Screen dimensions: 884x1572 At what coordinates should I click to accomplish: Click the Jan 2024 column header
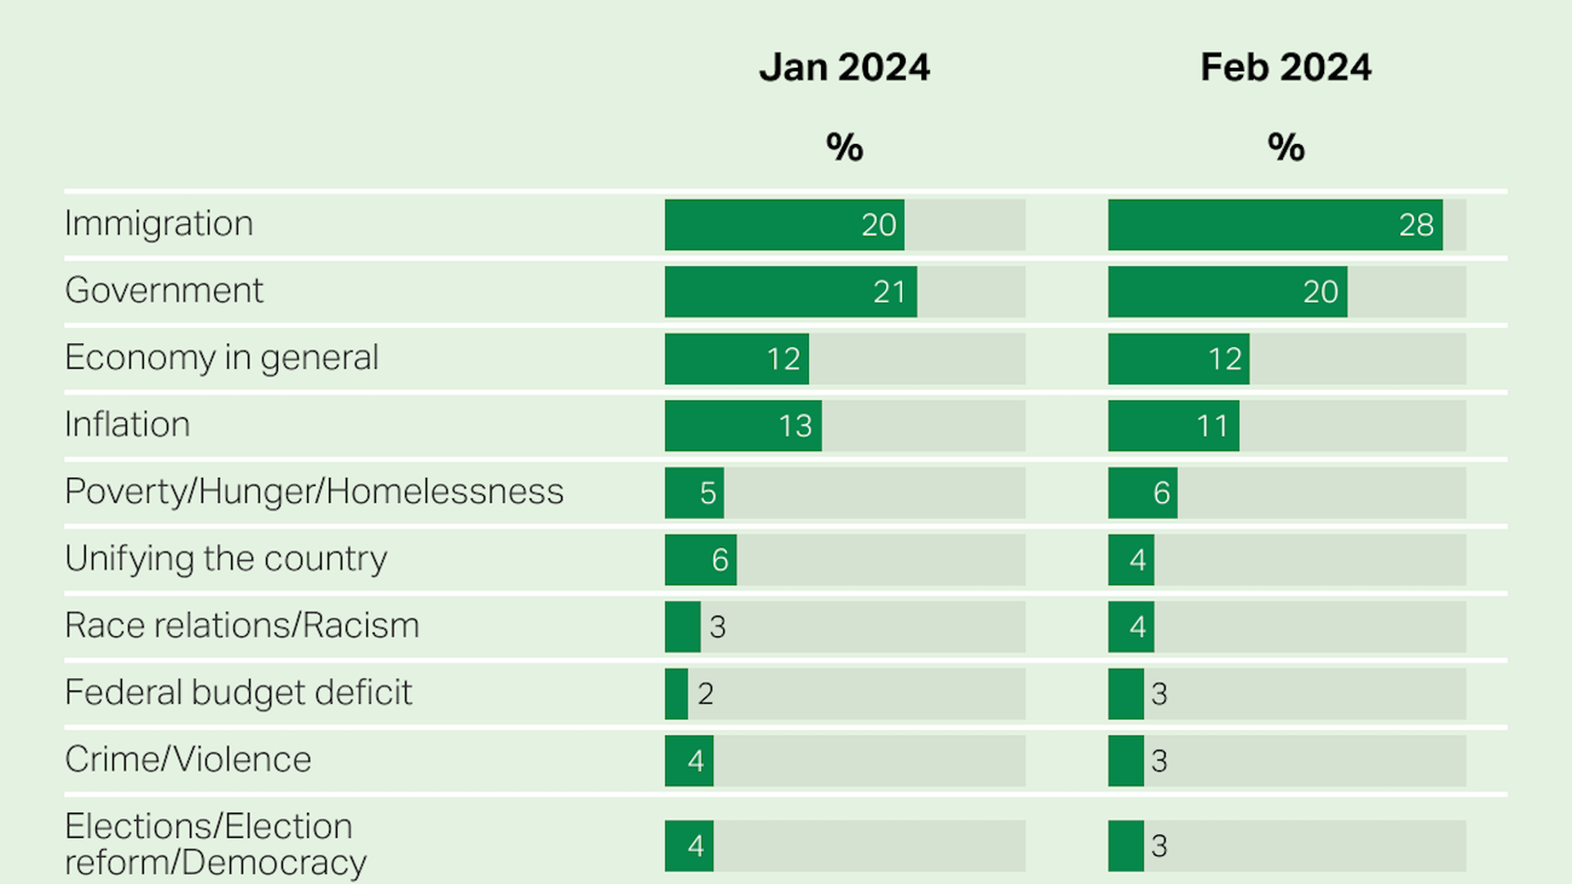(x=844, y=67)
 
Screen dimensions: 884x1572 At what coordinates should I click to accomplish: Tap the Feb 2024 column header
(x=1285, y=67)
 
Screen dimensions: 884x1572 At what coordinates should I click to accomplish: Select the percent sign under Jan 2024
(x=844, y=147)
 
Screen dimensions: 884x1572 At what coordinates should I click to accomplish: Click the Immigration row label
(x=159, y=223)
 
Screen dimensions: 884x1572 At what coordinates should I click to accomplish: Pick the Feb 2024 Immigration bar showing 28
(x=1275, y=224)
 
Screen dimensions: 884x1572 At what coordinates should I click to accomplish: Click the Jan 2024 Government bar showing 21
(x=790, y=291)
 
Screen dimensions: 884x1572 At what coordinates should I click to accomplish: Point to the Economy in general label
(x=221, y=358)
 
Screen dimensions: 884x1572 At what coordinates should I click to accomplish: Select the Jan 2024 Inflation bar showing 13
(x=743, y=426)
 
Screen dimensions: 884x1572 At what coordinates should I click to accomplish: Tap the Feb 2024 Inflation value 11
(x=1212, y=426)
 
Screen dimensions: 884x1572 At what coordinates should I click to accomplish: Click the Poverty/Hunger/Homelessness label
(x=314, y=492)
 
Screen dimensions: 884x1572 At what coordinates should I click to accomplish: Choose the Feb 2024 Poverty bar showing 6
(x=1142, y=493)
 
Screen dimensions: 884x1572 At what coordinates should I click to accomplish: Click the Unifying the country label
(x=225, y=559)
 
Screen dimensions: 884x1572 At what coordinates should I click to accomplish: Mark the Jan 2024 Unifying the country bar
(x=700, y=560)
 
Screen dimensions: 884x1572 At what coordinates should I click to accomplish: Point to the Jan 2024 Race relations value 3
(x=717, y=627)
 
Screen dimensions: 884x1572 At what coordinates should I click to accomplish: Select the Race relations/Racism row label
(x=242, y=626)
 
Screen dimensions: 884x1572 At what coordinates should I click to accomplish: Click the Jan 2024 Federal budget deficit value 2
(x=705, y=694)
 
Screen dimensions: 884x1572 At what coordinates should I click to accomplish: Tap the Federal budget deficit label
(x=237, y=693)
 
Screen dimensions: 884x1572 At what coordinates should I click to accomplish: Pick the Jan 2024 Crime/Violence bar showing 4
(x=689, y=760)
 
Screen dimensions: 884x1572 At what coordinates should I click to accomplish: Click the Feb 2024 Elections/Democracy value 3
(x=1159, y=846)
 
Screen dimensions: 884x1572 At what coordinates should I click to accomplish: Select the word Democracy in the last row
(x=273, y=863)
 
